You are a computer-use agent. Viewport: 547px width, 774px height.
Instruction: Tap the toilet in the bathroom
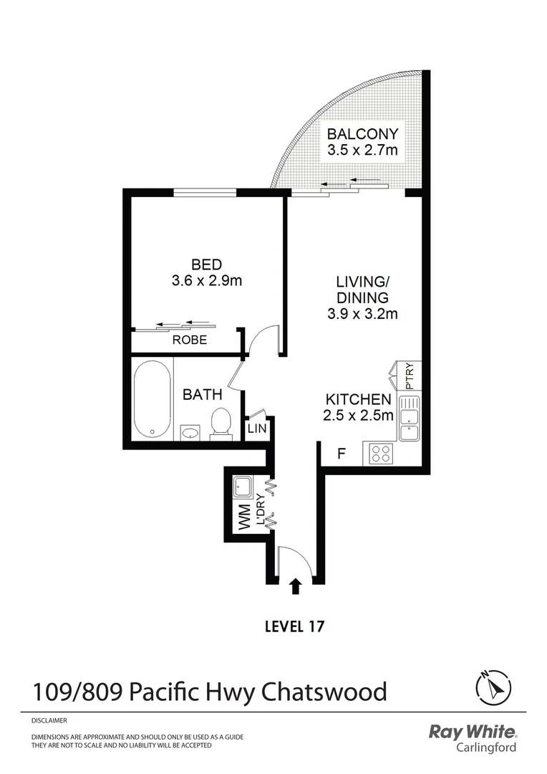(220, 423)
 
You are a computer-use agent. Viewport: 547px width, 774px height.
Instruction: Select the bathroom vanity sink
(190, 432)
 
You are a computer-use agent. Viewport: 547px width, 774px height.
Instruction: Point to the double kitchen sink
(409, 421)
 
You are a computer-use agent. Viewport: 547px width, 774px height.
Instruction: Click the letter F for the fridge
(342, 453)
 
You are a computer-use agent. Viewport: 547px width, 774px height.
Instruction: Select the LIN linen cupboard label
(256, 429)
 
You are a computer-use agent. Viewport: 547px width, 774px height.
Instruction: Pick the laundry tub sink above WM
(241, 487)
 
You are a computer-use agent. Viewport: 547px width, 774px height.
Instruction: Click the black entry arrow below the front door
(295, 587)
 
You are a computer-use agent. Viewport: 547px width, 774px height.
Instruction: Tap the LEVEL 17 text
(295, 626)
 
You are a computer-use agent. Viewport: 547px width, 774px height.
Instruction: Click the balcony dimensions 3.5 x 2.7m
(362, 150)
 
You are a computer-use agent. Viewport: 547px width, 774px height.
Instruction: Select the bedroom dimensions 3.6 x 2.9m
(207, 281)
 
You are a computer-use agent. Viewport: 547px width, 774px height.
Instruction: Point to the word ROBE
(190, 340)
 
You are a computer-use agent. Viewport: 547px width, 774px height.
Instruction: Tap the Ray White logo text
(472, 732)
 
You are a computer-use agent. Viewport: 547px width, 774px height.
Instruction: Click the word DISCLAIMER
(49, 720)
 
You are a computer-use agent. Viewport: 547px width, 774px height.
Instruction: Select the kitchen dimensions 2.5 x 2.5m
(359, 415)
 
